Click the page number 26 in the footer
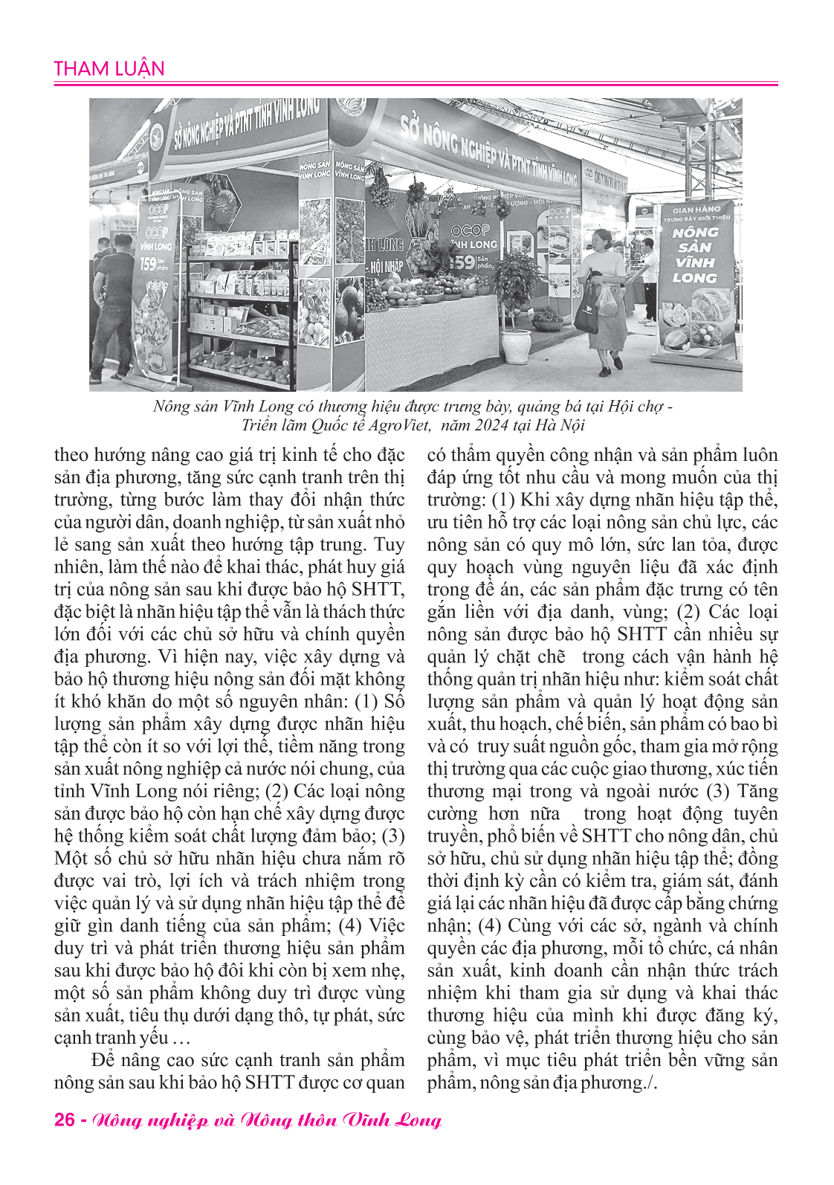tap(64, 1120)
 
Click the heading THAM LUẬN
tap(109, 69)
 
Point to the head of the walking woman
tap(603, 239)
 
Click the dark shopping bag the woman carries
tap(587, 312)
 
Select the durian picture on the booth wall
tap(219, 204)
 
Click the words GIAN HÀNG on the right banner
tap(696, 210)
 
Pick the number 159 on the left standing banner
tap(147, 263)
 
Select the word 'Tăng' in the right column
tap(757, 791)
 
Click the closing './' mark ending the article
tap(651, 1082)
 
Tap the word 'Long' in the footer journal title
tap(419, 1120)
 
